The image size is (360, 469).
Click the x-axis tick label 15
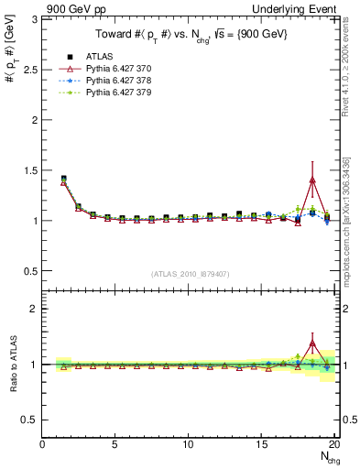pos(261,445)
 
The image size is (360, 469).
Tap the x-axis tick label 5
pos(115,445)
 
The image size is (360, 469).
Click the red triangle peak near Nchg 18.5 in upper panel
pos(312,180)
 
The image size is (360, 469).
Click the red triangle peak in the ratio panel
pos(312,344)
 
